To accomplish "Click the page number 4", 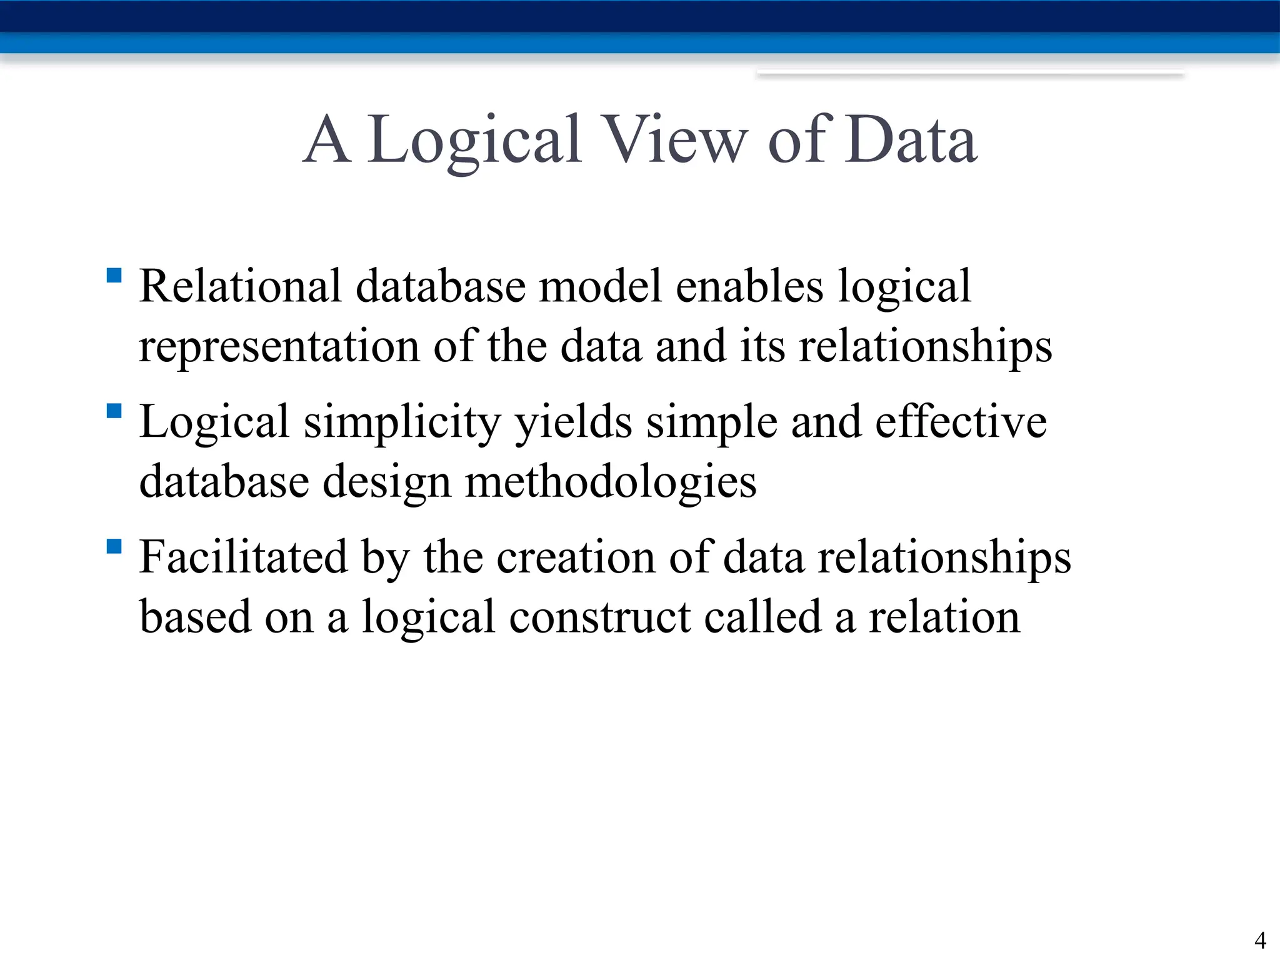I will click(x=1260, y=940).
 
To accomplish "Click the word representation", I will click(x=279, y=347).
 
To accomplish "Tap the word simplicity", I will click(x=402, y=422).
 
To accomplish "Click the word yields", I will click(x=573, y=422).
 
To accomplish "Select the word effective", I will click(x=961, y=422).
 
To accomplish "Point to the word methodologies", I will click(x=611, y=482).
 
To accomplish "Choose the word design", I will click(x=387, y=482).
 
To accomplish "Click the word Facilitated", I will click(x=243, y=557).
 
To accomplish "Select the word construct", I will click(x=600, y=617).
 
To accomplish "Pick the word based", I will click(x=195, y=617).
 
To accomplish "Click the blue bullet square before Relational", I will click(x=114, y=276).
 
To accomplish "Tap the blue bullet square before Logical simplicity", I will click(x=114, y=411).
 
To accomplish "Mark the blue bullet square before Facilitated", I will click(x=114, y=547).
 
